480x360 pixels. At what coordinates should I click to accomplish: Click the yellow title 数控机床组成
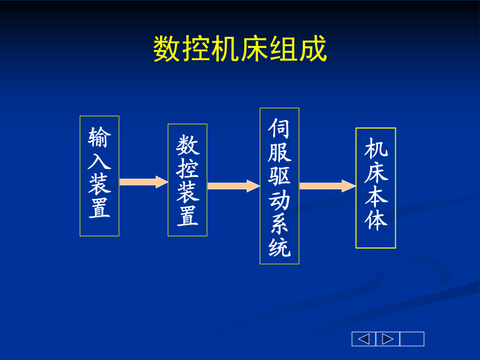240,49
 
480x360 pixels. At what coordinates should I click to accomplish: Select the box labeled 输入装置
100,176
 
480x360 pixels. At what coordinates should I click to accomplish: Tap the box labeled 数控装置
187,180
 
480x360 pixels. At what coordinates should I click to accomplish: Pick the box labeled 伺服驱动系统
279,186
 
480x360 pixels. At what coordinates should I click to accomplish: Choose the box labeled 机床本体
375,188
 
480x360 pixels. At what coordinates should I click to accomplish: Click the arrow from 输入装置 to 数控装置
143,182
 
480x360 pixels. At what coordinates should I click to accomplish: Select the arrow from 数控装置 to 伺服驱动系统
234,186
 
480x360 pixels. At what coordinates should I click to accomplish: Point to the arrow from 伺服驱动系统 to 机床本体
327,186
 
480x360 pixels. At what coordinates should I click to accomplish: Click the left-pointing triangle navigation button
364,339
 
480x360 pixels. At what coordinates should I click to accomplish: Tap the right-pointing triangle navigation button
388,339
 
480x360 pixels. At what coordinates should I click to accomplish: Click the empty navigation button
412,339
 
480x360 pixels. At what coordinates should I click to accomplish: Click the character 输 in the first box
100,138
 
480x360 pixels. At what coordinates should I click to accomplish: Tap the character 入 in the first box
100,161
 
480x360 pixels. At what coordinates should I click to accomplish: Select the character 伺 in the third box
279,129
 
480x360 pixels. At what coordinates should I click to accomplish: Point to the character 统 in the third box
279,247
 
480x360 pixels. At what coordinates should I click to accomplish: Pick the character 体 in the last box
376,220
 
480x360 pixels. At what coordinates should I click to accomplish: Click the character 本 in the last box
376,196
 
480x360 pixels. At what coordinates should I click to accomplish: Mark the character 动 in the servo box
279,200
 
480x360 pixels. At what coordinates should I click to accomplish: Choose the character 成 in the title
313,49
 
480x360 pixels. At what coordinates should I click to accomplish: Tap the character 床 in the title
255,49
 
